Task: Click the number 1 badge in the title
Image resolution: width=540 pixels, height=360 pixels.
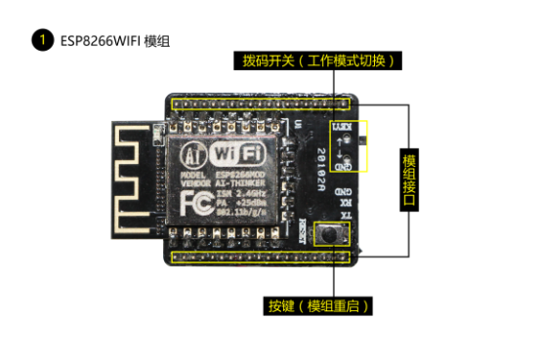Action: point(41,40)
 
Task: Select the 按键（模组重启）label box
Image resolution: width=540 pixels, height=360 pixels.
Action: point(318,305)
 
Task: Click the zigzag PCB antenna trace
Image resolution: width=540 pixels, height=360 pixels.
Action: point(133,180)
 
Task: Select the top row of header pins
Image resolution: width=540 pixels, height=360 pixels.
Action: point(261,102)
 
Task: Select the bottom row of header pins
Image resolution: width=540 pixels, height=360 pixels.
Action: point(263,257)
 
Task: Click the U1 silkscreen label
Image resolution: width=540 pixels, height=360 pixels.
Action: point(298,124)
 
